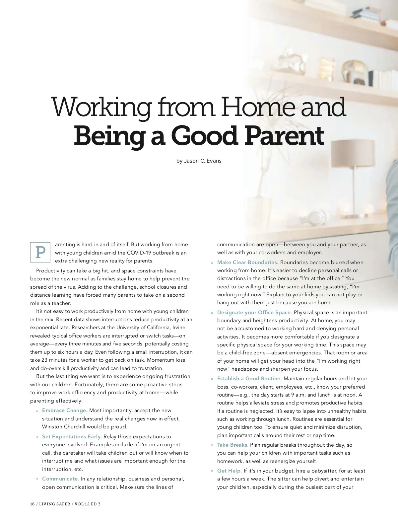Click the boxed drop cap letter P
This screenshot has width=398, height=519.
pyautogui.click(x=40, y=253)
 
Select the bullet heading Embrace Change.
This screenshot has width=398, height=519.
pyautogui.click(x=65, y=410)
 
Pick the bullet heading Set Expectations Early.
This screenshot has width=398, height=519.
pyautogui.click(x=72, y=437)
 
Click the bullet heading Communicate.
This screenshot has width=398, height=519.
pyautogui.click(x=60, y=479)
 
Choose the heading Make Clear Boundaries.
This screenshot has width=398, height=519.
pyautogui.click(x=248, y=262)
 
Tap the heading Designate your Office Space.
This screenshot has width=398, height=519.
pyautogui.click(x=254, y=313)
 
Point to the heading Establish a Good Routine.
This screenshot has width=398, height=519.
pyautogui.click(x=249, y=379)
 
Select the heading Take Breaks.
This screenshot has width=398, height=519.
pyautogui.click(x=232, y=445)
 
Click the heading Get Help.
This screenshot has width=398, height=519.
pyautogui.click(x=229, y=471)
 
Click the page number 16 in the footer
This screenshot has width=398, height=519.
pyautogui.click(x=32, y=504)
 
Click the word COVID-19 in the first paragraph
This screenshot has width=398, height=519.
pyautogui.click(x=139, y=253)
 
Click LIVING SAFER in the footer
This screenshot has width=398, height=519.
pyautogui.click(x=54, y=504)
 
